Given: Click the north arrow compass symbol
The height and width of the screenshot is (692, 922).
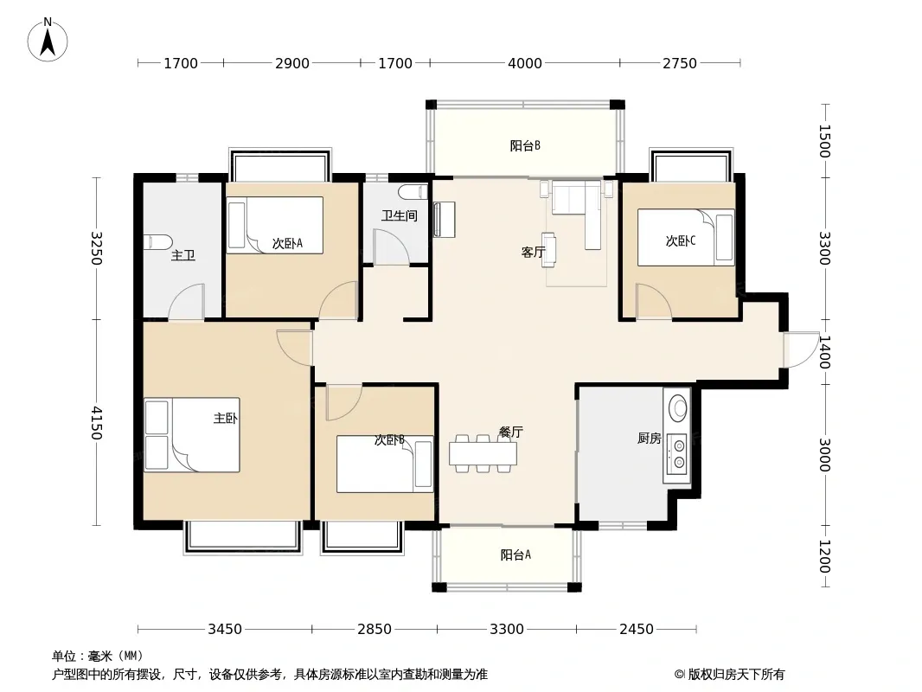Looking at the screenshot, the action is click(x=48, y=40).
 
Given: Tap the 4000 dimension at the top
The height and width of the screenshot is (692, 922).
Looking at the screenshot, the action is click(x=524, y=63).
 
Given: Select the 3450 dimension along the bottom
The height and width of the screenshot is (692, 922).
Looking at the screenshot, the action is click(x=225, y=629).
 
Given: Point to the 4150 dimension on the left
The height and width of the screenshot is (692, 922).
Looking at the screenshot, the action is click(x=96, y=423).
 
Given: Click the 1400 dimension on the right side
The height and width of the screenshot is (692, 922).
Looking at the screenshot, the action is click(x=824, y=352).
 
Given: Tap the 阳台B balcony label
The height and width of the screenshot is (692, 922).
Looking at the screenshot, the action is click(x=525, y=145).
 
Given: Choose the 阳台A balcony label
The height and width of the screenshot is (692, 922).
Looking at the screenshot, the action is click(x=515, y=554).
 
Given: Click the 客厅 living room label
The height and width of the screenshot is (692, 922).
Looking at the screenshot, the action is click(x=534, y=253).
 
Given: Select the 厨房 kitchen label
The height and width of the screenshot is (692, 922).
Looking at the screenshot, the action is click(x=650, y=438).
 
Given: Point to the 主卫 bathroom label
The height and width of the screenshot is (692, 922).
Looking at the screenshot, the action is click(x=182, y=255).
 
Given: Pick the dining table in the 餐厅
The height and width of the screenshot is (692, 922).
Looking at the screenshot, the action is click(x=483, y=453).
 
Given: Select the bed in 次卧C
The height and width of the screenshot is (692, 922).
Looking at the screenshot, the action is click(x=686, y=237).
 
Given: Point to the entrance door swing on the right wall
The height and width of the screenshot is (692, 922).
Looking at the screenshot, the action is click(x=800, y=349).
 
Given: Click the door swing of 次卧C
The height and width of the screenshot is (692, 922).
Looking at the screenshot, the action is click(x=653, y=302).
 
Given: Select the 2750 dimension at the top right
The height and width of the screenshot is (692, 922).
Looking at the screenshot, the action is click(x=680, y=63).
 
